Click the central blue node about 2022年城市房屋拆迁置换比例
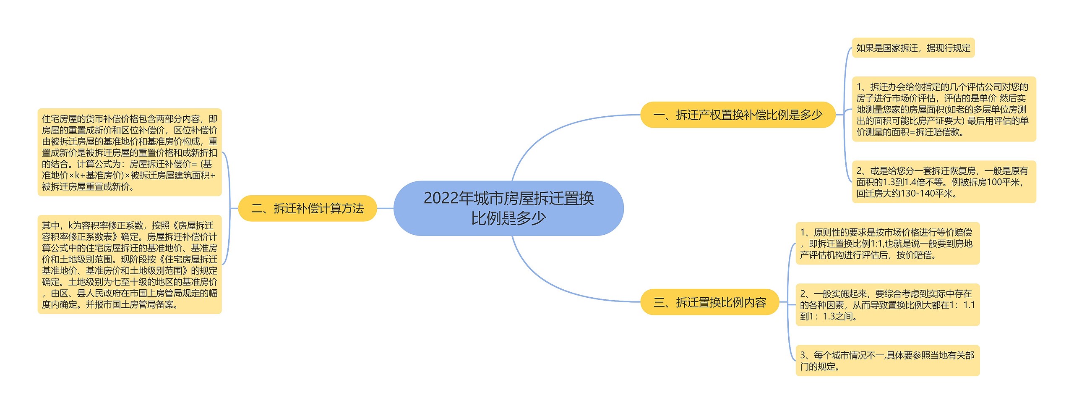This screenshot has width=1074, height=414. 508,208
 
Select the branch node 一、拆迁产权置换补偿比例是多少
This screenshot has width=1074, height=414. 738,115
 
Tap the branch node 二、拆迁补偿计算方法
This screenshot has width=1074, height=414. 308,208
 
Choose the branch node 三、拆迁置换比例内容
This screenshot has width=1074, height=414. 709,302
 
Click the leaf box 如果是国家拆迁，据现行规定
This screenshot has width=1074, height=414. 913,48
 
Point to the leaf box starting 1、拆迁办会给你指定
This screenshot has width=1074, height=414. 944,109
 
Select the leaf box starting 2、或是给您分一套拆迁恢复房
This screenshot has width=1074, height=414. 944,182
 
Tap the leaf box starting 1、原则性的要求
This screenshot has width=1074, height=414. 887,244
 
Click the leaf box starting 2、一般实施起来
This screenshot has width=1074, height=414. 887,305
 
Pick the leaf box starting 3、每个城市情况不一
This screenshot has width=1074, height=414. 887,361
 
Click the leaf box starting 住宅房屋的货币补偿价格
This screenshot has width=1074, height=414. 129,152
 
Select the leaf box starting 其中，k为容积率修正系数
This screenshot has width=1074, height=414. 129,265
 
